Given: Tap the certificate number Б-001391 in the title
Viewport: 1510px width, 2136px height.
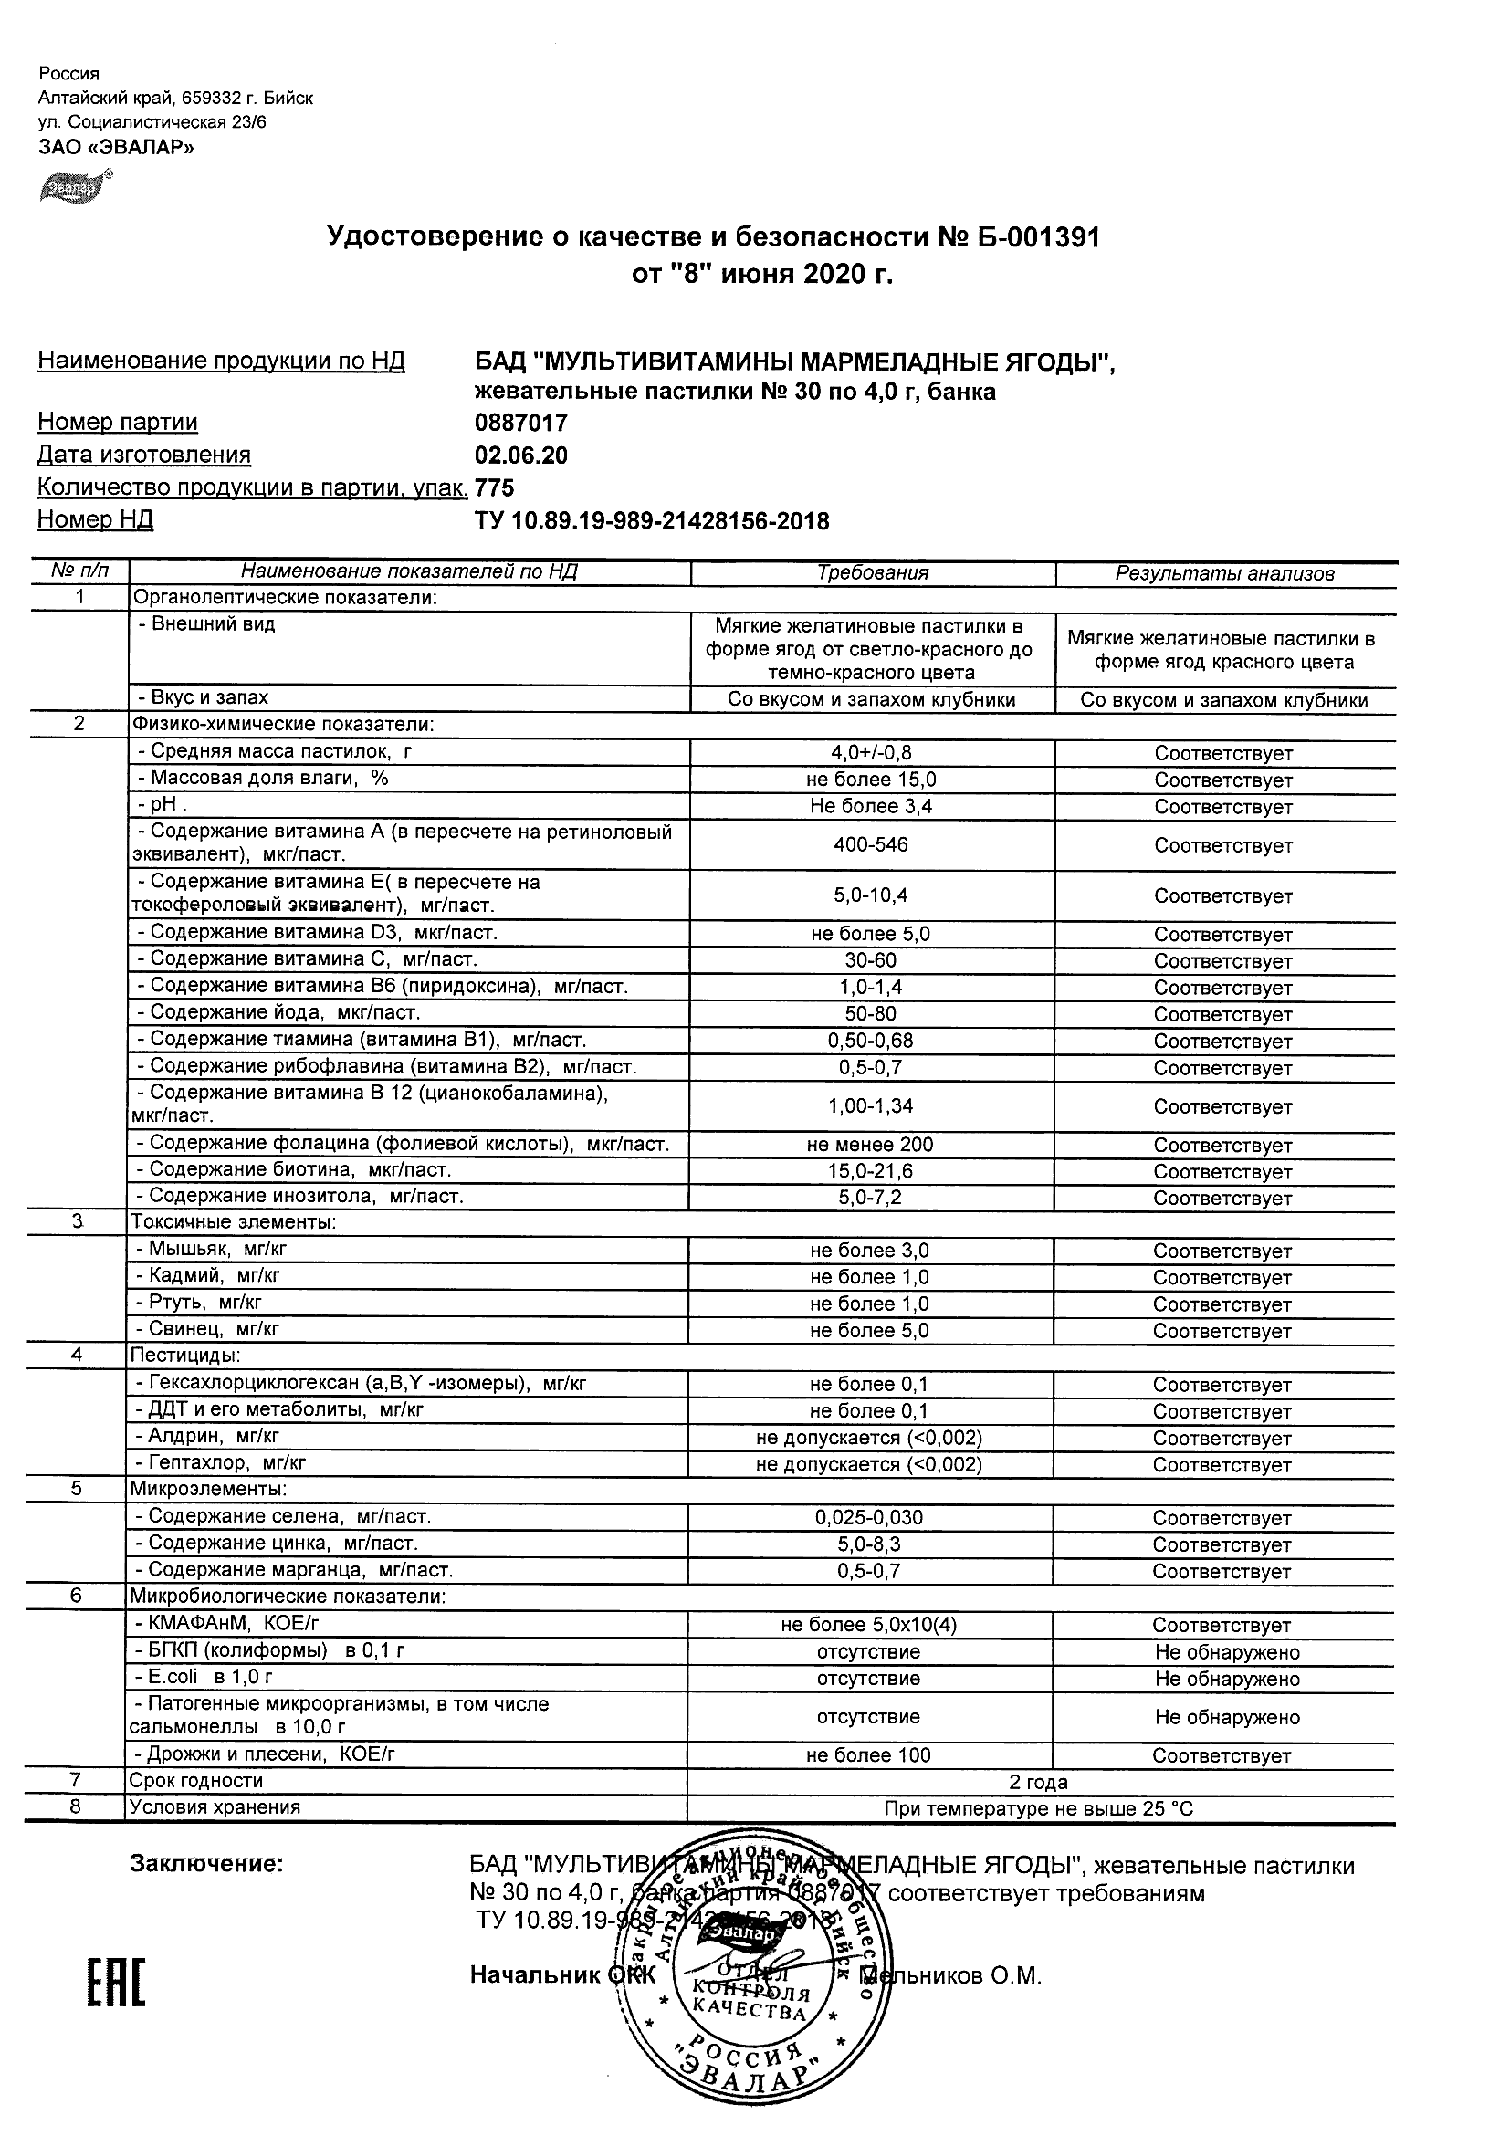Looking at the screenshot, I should [x=1033, y=238].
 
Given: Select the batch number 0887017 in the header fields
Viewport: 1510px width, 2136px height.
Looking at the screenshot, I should [x=521, y=424].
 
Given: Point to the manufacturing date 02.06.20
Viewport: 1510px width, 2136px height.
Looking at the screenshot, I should [x=521, y=455].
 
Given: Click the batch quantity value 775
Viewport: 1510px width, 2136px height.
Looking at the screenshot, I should [x=494, y=488].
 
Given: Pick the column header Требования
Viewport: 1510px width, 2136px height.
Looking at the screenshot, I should [x=872, y=573].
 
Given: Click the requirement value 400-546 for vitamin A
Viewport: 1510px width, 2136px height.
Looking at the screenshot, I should [x=871, y=844].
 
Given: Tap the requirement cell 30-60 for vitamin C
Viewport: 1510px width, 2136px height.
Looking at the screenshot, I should [x=871, y=960].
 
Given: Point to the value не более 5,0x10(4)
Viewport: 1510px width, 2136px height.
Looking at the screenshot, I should [x=869, y=1625].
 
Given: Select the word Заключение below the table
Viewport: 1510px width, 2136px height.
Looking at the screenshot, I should [x=205, y=1863].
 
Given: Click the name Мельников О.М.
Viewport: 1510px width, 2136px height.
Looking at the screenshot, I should [x=959, y=1975].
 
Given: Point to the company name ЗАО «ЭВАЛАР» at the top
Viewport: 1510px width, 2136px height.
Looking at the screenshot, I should [x=116, y=147].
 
